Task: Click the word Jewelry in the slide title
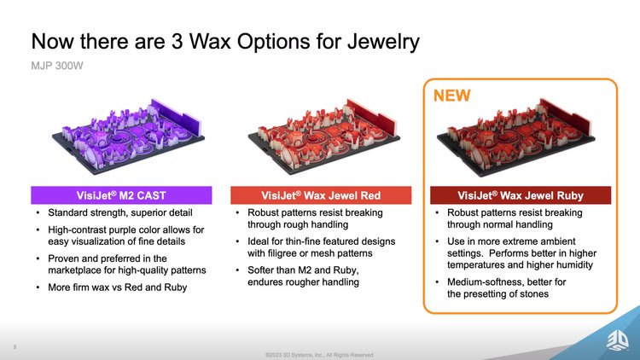point(383,42)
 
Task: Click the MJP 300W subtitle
point(57,66)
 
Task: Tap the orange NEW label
point(451,96)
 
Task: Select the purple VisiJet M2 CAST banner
point(121,195)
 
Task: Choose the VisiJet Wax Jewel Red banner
point(321,195)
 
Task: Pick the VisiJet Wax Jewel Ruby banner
point(521,195)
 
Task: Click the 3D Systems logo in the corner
point(618,340)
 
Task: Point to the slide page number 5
point(15,347)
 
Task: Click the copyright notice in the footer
point(319,355)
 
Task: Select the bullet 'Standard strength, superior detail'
point(120,212)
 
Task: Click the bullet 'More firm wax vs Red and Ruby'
point(118,287)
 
